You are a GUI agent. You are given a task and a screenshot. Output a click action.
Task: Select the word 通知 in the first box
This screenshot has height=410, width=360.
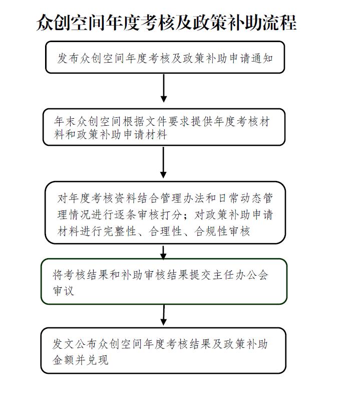tap(262, 58)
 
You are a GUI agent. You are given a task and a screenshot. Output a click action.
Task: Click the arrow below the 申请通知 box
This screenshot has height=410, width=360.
tap(164, 88)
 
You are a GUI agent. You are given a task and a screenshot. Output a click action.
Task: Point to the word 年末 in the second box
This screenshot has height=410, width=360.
tap(65, 121)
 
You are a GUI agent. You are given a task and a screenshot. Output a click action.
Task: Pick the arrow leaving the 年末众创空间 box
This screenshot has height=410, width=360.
tap(163, 162)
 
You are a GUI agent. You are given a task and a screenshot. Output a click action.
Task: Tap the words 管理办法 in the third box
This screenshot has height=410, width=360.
tap(182, 198)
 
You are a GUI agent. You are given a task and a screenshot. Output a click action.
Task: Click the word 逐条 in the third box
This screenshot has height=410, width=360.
tap(125, 215)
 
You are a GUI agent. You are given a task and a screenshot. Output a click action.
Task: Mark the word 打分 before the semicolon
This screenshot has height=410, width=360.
tap(171, 215)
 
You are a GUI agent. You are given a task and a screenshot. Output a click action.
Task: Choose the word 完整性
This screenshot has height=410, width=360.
tap(119, 232)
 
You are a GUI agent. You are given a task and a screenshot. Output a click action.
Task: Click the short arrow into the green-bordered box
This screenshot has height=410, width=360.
tap(163, 253)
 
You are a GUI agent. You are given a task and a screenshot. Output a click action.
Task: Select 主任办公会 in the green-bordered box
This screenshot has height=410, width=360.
tap(240, 275)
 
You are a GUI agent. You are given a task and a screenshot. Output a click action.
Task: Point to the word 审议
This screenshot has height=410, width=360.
tap(64, 291)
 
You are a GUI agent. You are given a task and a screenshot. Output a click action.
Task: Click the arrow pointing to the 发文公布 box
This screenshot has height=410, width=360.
tap(164, 315)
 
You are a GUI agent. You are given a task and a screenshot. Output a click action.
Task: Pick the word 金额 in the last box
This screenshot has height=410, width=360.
tap(64, 360)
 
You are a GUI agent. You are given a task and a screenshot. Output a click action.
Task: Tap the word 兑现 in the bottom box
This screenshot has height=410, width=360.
tap(98, 360)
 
